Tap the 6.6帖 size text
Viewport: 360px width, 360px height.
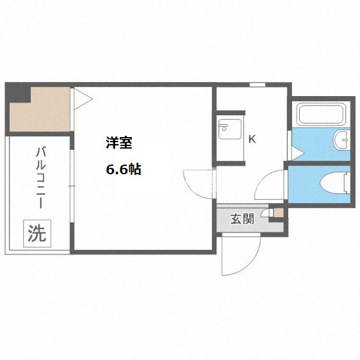coord(124,170)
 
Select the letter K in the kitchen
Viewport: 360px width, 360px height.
coord(252,138)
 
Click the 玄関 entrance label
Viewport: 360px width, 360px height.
coord(242,218)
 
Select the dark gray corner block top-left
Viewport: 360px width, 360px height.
coord(18,95)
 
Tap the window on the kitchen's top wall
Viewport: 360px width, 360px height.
coord(257,85)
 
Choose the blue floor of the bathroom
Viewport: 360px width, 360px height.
coord(314,144)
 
